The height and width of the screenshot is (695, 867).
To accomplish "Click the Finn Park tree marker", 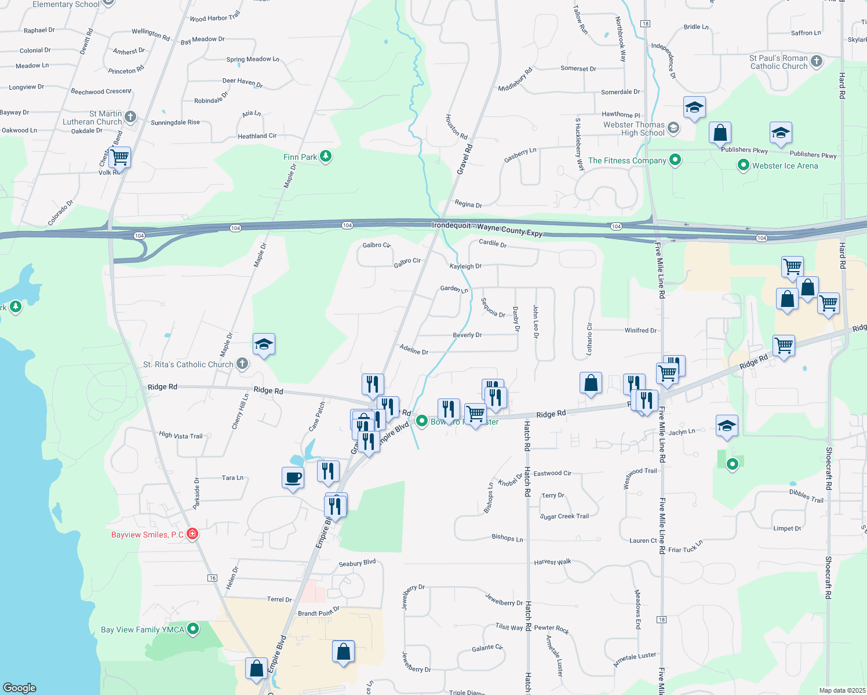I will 326,156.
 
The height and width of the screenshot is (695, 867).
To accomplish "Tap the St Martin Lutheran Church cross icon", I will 130,117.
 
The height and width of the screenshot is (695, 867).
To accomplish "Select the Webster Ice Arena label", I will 785,166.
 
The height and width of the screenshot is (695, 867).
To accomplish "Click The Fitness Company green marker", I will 675,160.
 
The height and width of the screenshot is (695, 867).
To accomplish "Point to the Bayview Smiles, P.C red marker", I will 192,534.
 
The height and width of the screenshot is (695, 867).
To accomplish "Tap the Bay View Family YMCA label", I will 143,630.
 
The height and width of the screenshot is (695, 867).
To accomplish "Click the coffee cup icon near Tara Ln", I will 293,478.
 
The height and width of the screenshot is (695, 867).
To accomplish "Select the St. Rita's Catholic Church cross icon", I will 242,364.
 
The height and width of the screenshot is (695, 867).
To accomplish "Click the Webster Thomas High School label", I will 634,129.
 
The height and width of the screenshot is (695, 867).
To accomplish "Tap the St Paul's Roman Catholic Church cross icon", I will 817,61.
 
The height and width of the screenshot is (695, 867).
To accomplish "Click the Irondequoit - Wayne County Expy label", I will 487,229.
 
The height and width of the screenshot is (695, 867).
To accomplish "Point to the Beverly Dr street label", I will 467,335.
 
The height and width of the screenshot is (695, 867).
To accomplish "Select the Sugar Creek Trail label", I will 564,516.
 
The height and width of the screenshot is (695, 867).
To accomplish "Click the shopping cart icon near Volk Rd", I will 119,157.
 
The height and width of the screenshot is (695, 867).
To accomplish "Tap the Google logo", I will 20,687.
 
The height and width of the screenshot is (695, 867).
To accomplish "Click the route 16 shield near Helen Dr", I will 213,578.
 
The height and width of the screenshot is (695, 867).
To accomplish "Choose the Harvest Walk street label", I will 552,562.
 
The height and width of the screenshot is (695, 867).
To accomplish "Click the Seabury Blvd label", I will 357,563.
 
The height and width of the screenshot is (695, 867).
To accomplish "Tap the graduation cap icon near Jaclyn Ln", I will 727,426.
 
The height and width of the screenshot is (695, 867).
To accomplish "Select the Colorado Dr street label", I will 60,213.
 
